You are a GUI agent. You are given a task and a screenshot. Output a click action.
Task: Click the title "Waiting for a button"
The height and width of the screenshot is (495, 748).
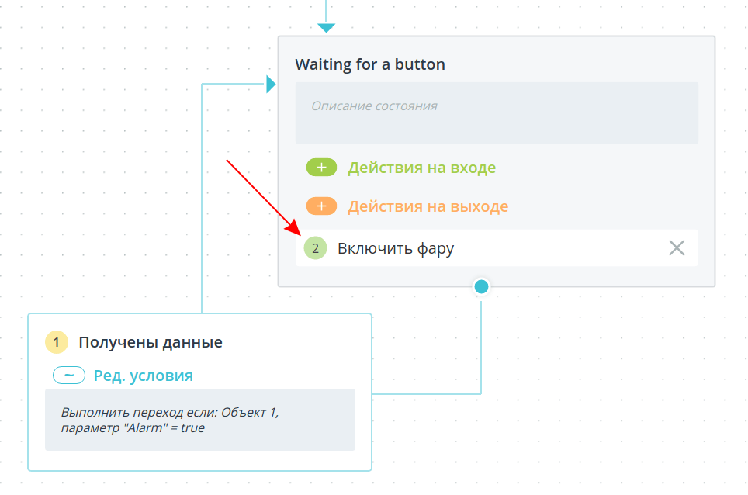(369, 64)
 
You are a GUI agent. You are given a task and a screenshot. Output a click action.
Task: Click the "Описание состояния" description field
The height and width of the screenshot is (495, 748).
(497, 113)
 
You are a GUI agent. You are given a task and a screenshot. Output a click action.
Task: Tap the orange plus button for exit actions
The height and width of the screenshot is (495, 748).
(321, 206)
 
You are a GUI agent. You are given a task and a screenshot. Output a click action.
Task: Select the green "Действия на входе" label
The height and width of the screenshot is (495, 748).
(421, 168)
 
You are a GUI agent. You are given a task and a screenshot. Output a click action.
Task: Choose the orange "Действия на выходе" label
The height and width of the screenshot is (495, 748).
(428, 206)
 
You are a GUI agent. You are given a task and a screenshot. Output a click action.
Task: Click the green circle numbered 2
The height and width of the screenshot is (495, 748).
(315, 248)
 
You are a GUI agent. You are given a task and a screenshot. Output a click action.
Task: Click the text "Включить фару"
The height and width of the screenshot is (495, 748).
(396, 248)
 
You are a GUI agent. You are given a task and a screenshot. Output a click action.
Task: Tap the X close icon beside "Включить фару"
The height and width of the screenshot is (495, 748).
(677, 248)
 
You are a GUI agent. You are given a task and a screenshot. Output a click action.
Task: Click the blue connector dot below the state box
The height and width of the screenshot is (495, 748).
(481, 286)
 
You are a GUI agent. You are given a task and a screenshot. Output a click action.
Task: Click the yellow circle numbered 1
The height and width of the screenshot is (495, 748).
(57, 342)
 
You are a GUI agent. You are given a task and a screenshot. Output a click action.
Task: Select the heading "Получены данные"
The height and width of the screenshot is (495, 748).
(151, 342)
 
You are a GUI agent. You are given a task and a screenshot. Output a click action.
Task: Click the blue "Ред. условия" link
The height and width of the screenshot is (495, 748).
(143, 376)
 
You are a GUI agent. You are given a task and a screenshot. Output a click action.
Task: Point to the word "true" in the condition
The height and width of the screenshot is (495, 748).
(192, 427)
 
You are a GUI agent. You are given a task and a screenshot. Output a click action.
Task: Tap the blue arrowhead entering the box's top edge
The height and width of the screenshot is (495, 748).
(327, 28)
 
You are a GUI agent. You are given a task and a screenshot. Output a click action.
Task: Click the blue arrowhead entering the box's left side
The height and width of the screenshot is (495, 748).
(271, 84)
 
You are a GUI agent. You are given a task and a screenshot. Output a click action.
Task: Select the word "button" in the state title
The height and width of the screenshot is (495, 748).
(420, 64)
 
